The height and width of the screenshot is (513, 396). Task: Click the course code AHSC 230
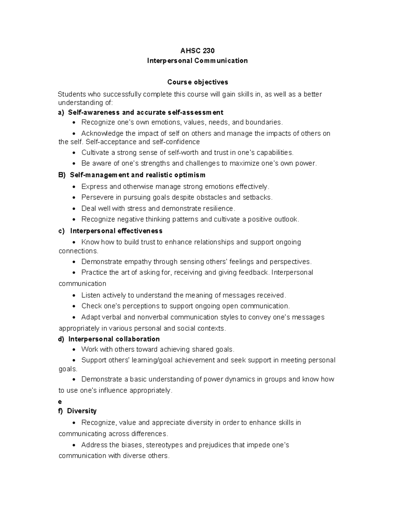coord(197,51)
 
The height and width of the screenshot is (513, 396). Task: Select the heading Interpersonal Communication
coord(197,61)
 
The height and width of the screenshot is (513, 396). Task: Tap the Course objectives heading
coord(197,82)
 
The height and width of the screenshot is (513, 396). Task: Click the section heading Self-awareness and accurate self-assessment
coord(146,112)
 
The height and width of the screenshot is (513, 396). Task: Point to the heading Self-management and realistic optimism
coord(138,175)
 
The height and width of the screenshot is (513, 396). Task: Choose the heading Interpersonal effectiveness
coord(116,231)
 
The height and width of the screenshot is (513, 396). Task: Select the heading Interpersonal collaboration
coord(114,339)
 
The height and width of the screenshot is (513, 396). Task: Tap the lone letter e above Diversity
coord(60,401)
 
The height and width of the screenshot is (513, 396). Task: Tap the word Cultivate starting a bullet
coord(95,153)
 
